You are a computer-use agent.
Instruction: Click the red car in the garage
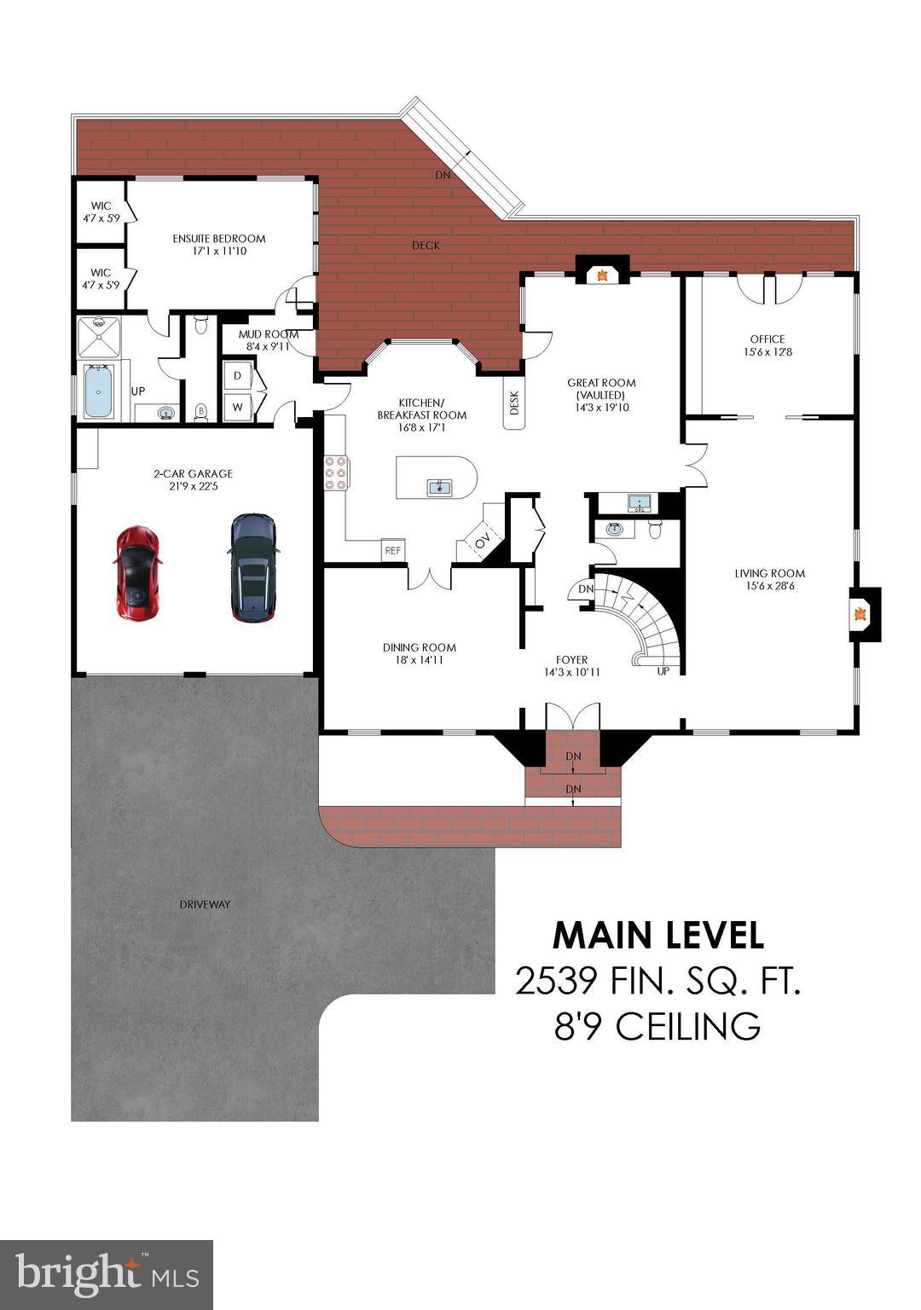(136, 571)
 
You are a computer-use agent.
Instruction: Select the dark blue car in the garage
(254, 567)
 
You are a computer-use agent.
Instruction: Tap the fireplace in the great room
(603, 274)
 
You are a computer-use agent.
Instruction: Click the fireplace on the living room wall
(861, 613)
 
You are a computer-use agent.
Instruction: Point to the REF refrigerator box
(392, 551)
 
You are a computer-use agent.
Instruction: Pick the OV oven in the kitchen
(483, 541)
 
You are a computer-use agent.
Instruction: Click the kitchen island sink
(439, 488)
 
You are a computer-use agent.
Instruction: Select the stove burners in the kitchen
(335, 473)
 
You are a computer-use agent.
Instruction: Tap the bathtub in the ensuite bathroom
(99, 391)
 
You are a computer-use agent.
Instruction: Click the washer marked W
(238, 407)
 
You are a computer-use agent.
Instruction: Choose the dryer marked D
(238, 376)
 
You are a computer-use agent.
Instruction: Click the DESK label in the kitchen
(514, 403)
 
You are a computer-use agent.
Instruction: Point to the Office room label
(767, 339)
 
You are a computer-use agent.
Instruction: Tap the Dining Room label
(419, 647)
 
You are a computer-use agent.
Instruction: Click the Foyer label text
(571, 659)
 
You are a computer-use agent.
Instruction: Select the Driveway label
(205, 904)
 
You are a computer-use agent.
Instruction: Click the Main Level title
(657, 936)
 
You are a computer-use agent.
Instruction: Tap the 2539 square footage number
(555, 982)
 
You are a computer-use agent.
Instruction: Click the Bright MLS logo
(107, 1274)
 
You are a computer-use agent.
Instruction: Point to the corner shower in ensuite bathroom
(99, 336)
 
